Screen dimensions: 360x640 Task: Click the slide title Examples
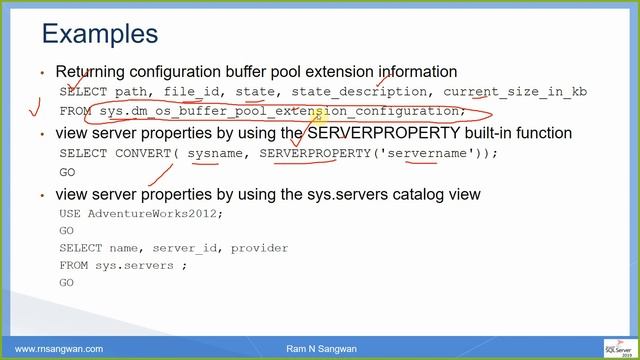click(99, 34)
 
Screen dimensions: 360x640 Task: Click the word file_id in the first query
click(192, 92)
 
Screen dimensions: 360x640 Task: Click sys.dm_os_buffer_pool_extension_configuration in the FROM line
click(282, 111)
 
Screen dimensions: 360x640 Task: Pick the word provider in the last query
click(259, 247)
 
